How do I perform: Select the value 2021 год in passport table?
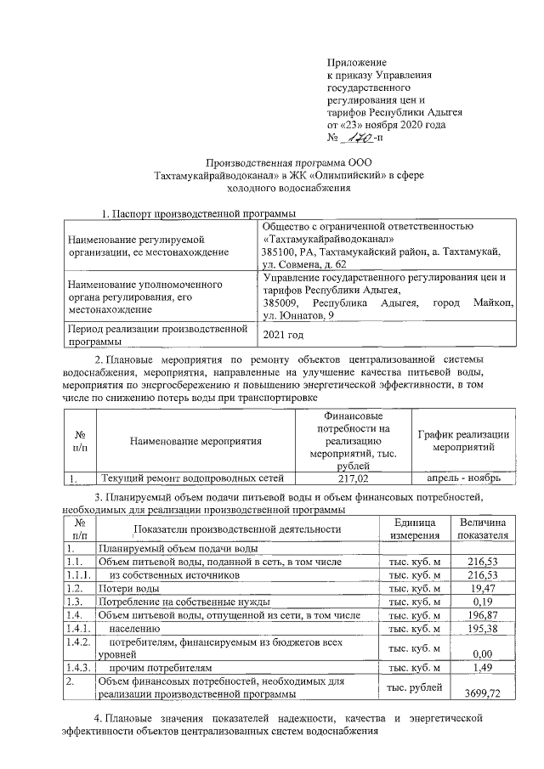pos(282,335)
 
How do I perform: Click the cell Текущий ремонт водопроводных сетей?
pos(197,478)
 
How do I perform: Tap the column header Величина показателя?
pos(482,528)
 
